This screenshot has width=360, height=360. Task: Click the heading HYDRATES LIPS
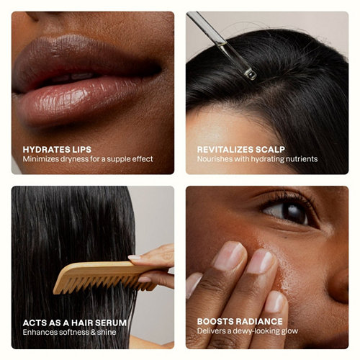(x=57, y=150)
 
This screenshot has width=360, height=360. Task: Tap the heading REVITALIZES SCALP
(x=241, y=150)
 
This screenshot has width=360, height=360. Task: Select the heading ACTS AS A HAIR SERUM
(x=75, y=323)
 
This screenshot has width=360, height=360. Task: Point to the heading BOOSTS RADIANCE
(x=240, y=322)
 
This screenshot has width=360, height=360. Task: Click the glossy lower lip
(x=79, y=101)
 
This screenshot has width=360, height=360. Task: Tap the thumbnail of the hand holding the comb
(x=135, y=258)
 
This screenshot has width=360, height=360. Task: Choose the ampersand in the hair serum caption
(x=93, y=332)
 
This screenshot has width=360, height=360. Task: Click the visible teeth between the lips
(x=72, y=77)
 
